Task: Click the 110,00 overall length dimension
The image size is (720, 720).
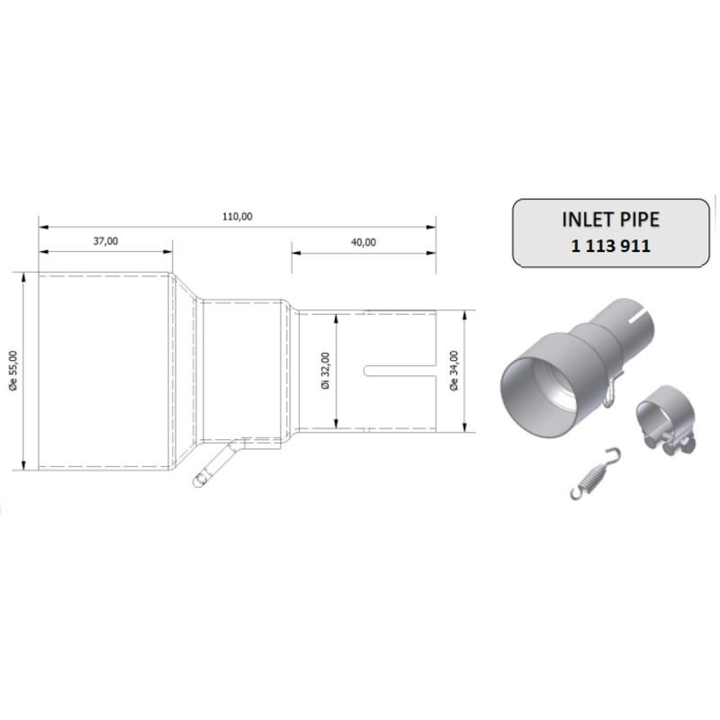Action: tap(238, 216)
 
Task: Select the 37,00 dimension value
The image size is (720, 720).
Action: tap(105, 241)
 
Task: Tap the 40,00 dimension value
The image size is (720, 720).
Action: tap(364, 241)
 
